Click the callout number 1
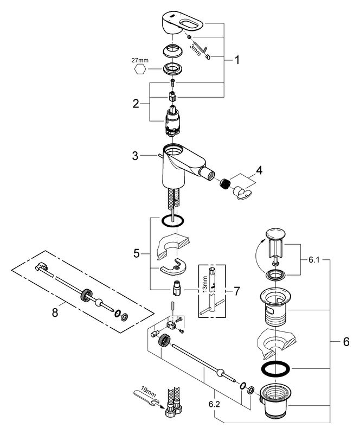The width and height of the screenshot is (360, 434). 237,60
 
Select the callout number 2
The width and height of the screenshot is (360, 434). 136,104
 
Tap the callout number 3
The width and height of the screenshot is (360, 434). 135,156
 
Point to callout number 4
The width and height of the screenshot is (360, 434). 259,170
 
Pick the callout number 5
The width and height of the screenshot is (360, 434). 137,253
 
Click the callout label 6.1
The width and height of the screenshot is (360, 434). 314,260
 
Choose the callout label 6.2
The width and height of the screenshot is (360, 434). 214,404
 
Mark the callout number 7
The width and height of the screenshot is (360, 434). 237,291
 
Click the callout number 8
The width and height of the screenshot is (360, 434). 55,313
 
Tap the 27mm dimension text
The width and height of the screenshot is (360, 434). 140,60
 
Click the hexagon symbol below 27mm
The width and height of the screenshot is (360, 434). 140,69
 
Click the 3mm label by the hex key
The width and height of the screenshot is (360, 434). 195,50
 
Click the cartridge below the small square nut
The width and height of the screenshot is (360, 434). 172,121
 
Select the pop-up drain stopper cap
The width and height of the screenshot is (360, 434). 275,233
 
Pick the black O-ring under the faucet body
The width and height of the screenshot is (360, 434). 172,221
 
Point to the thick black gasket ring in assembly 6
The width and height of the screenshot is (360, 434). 275,368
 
